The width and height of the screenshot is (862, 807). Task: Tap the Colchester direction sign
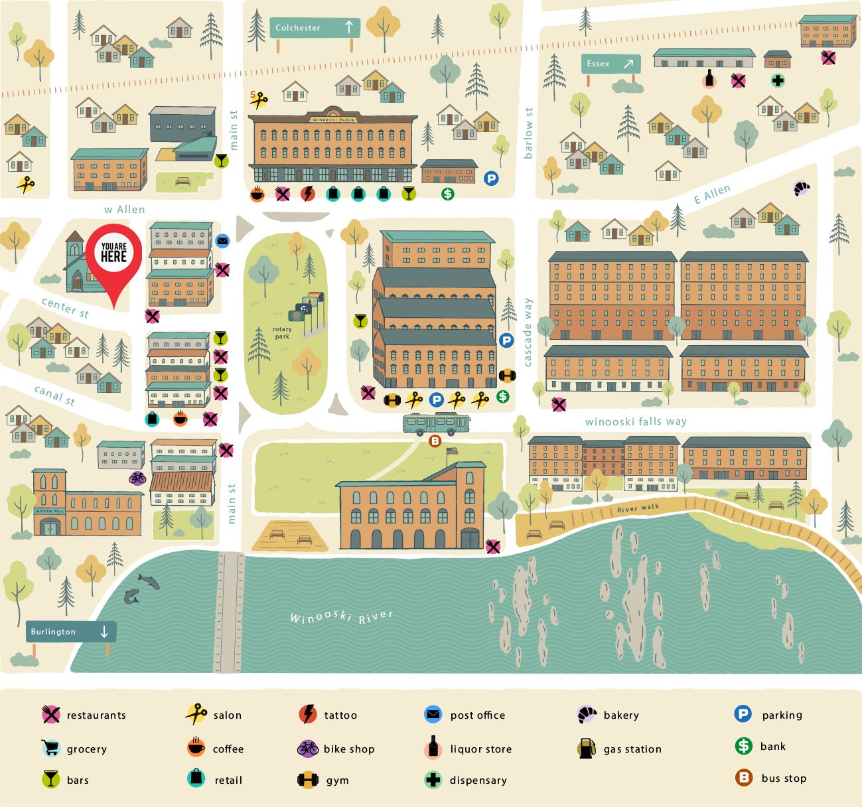315,28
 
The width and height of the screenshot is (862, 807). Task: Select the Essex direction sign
611,64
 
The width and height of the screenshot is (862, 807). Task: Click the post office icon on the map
222,241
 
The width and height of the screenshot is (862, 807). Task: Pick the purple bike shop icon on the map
137,478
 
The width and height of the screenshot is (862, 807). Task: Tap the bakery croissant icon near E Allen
802,188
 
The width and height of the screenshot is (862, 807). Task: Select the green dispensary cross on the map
778,81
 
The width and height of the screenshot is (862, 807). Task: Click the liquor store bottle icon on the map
709,80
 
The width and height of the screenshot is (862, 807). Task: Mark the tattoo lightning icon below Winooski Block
307,194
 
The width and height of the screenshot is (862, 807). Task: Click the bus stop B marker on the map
435,441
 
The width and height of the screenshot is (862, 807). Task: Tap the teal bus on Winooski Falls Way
436,423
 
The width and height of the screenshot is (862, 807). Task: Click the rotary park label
282,332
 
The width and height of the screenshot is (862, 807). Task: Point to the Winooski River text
342,617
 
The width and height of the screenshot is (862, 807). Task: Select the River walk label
638,508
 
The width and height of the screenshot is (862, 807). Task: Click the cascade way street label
528,332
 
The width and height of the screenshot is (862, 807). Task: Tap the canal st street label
54,396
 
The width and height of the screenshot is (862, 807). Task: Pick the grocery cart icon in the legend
50,748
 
